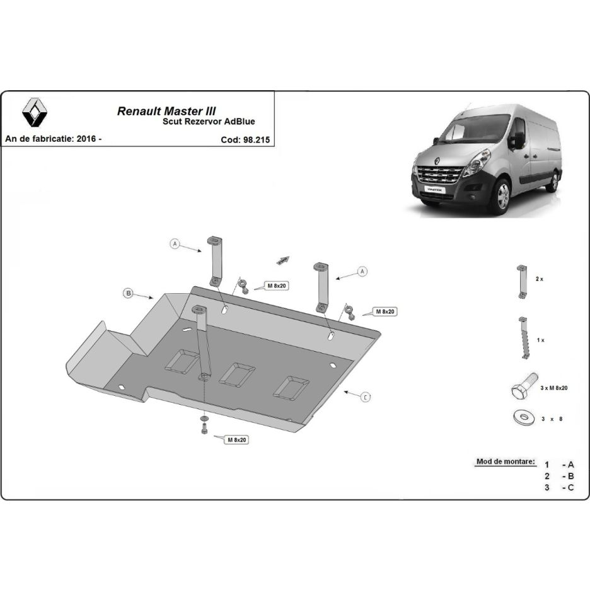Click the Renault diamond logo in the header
[x=35, y=112]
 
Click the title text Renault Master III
[x=166, y=111]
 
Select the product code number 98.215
[x=257, y=139]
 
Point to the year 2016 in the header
[x=86, y=139]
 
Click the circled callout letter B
[x=129, y=293]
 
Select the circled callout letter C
[x=366, y=396]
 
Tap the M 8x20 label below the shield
[x=236, y=439]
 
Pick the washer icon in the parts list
[x=523, y=417]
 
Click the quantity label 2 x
[x=539, y=279]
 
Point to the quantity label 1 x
[x=540, y=340]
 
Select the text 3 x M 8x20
[x=553, y=388]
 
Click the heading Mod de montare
[x=506, y=461]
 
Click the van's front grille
[x=439, y=174]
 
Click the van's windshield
[x=475, y=129]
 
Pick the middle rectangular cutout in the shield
[x=237, y=374]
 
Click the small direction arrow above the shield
[x=283, y=260]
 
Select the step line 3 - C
[x=559, y=488]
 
